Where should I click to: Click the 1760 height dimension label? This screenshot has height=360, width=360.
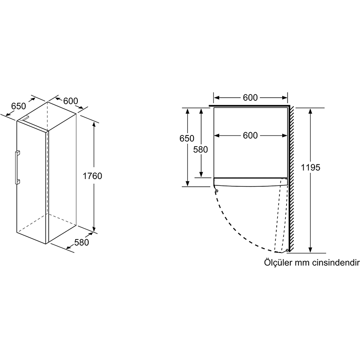[x=93, y=176]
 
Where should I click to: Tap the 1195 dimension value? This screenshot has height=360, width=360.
[x=311, y=167]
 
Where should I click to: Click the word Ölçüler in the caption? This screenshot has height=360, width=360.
[x=276, y=262]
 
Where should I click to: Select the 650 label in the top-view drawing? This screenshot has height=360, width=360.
[x=187, y=139]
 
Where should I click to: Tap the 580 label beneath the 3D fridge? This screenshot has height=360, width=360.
[x=81, y=243]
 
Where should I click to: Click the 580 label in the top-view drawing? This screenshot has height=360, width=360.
[x=201, y=149]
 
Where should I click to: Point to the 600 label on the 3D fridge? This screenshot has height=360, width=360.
[x=71, y=101]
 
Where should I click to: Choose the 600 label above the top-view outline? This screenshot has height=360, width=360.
[x=250, y=98]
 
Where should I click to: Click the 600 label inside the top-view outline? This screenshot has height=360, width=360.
[x=250, y=135]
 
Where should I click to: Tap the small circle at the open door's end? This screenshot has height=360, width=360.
[x=287, y=251]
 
